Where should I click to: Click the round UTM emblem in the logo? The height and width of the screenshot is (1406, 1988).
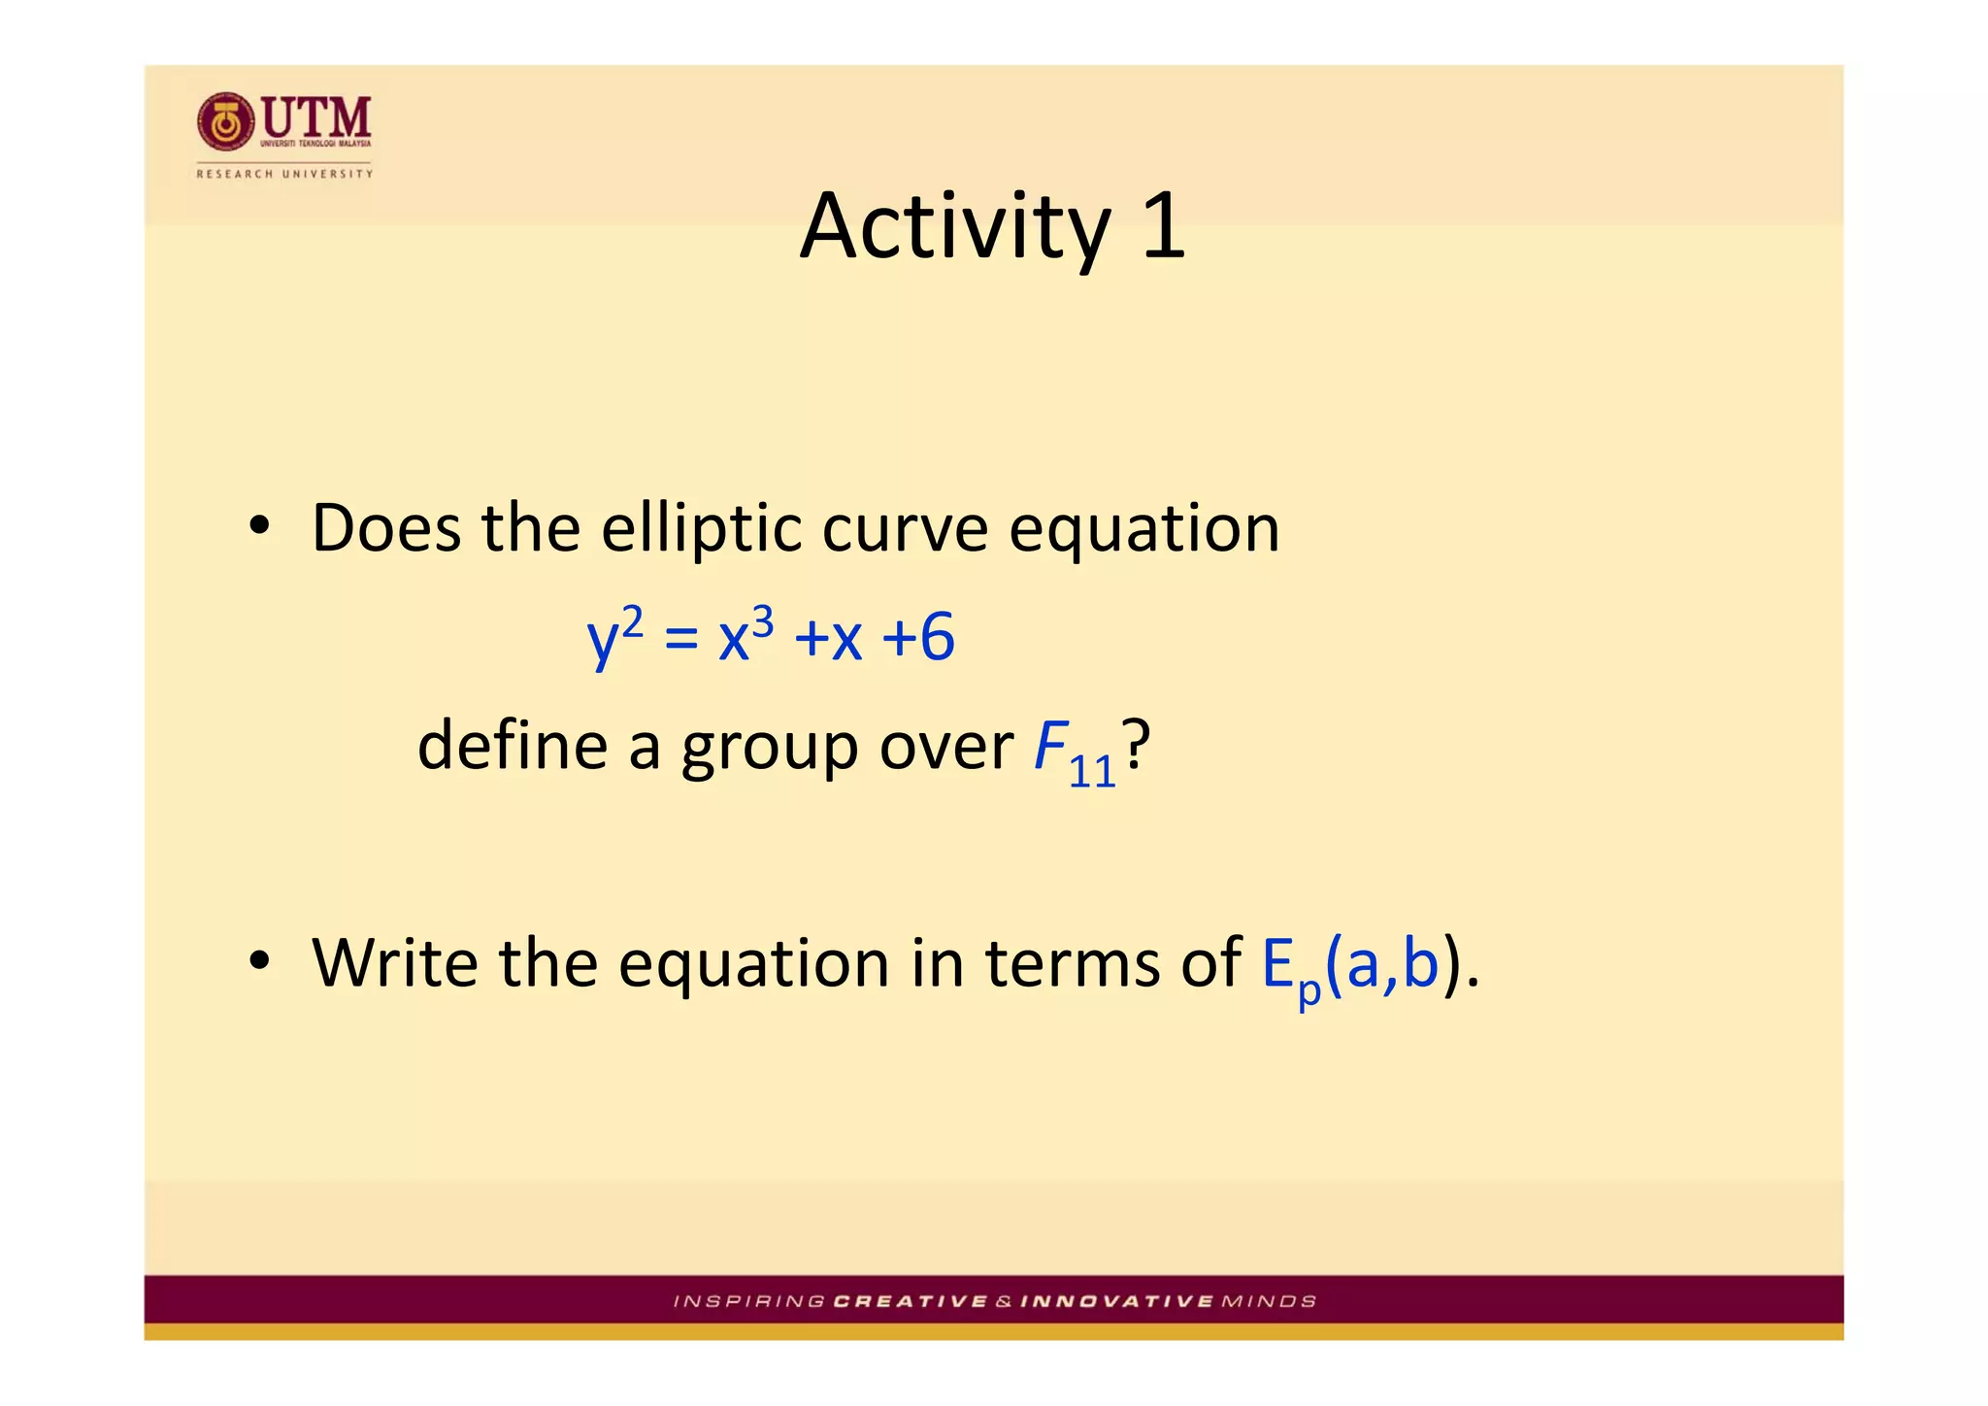(x=225, y=121)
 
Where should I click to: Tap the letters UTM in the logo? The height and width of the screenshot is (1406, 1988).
(x=316, y=117)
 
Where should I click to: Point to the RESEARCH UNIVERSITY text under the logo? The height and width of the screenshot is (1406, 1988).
(x=284, y=174)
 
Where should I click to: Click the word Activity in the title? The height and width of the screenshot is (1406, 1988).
(x=955, y=227)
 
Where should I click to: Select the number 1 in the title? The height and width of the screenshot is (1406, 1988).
(x=1162, y=225)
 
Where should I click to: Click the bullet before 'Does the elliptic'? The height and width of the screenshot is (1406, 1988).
(x=257, y=527)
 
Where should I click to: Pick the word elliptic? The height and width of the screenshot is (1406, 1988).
(x=701, y=529)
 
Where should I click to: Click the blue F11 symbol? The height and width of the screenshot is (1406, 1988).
(x=1072, y=753)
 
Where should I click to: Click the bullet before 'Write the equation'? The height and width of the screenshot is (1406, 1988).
(x=257, y=961)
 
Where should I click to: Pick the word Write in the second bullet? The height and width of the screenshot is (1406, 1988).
(x=394, y=963)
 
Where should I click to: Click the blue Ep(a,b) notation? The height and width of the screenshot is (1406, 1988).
(x=1349, y=966)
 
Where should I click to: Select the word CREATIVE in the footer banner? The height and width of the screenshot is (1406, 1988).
(x=910, y=1301)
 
